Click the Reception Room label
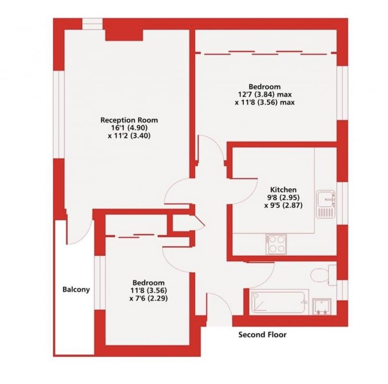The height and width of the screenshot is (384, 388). click(x=129, y=120)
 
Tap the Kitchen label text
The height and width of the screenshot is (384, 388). click(x=283, y=190)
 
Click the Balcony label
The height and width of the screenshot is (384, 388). click(x=76, y=289)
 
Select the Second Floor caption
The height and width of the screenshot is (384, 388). click(x=262, y=335)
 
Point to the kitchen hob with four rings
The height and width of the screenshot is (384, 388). click(x=276, y=244)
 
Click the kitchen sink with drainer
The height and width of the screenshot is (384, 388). click(x=326, y=204)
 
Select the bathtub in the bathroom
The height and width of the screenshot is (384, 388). click(x=279, y=302)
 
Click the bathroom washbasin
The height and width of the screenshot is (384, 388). click(x=322, y=307)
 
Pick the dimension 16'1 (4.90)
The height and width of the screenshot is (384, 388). click(x=129, y=128)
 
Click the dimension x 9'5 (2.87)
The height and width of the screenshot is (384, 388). click(x=283, y=205)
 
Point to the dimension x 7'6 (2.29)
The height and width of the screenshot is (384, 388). click(x=149, y=299)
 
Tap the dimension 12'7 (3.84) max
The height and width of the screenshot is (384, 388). click(x=265, y=95)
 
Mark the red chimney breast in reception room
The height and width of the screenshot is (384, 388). click(x=124, y=35)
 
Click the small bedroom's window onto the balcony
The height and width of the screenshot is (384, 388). click(x=100, y=283)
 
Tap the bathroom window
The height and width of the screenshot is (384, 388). click(x=342, y=290)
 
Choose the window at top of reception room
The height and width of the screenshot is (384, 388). click(x=92, y=24)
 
